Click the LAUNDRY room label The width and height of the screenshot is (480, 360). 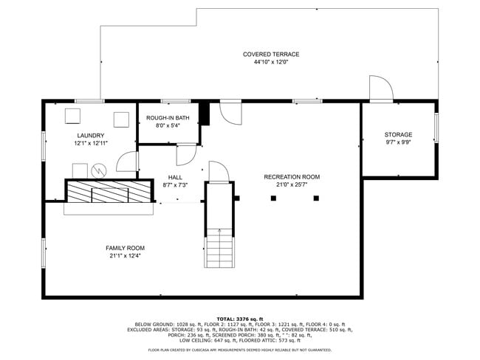(90, 136)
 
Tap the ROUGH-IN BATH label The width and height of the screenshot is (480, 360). (168, 118)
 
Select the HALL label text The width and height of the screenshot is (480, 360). (175, 177)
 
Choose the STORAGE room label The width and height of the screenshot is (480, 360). (398, 134)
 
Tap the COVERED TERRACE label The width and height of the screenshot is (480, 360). (271, 55)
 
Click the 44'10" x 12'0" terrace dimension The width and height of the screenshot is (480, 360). (271, 63)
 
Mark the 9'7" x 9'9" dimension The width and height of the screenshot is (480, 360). (398, 142)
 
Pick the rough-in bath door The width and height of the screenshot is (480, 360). (185, 153)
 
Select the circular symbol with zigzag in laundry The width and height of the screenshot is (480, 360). (99, 170)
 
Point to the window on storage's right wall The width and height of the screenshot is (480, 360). (436, 127)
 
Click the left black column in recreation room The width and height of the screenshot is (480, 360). (273, 198)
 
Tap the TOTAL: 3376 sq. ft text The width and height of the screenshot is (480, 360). (239, 318)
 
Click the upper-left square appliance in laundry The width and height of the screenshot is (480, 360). (73, 116)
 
